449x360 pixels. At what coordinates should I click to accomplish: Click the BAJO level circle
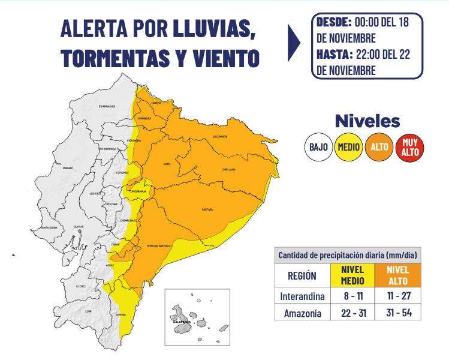pos(318,146)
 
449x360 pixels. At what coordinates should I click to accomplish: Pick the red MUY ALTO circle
pos(410,146)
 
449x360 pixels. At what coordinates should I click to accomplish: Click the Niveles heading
pos(367,121)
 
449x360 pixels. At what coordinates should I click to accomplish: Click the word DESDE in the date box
pos(334,23)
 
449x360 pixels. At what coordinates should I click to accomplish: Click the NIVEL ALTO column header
pos(398,275)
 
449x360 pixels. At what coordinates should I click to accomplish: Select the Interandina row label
pos(302,296)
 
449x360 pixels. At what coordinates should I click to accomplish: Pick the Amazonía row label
pos(302,313)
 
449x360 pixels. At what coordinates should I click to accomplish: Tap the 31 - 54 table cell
pos(398,313)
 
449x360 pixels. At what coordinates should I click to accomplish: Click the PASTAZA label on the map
pos(207,209)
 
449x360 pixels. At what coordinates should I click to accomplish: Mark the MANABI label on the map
pos(67,169)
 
